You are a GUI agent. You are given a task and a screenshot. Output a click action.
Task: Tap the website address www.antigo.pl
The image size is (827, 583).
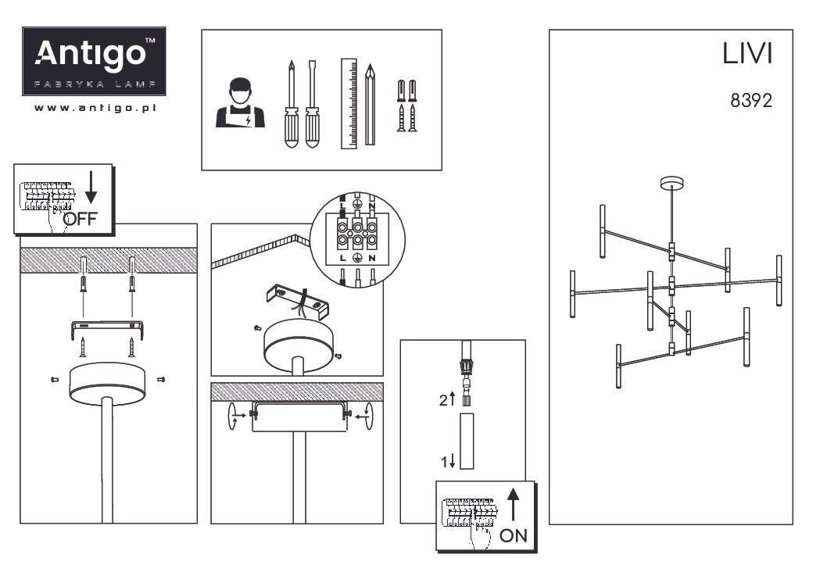pyautogui.click(x=95, y=108)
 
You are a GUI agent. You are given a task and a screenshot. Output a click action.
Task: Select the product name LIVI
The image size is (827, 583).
pyautogui.click(x=746, y=54)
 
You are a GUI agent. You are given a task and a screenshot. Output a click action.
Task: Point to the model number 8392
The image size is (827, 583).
pyautogui.click(x=751, y=100)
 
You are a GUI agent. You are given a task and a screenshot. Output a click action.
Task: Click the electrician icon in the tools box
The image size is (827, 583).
pyautogui.click(x=240, y=103)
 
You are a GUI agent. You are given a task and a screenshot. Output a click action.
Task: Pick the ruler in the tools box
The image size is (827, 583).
pyautogui.click(x=349, y=103)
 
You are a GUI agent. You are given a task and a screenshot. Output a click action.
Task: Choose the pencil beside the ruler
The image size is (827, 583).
pyautogui.click(x=371, y=105)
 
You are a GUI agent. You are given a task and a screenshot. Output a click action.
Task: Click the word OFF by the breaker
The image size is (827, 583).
pyautogui.click(x=81, y=218)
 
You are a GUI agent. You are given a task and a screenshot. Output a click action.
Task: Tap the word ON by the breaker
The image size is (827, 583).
pyautogui.click(x=514, y=535)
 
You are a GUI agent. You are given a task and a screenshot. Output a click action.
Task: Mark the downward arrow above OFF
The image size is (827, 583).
pyautogui.click(x=91, y=187)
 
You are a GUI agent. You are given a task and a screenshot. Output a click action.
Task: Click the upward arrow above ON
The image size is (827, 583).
pyautogui.click(x=514, y=504)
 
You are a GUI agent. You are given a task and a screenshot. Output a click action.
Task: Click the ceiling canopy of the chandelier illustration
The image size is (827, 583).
pyautogui.click(x=672, y=183)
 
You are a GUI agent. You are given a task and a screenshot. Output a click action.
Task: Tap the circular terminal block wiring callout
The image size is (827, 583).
pyautogui.click(x=357, y=239)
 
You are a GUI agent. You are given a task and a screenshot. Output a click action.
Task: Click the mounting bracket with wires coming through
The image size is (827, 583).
pyautogui.click(x=298, y=302)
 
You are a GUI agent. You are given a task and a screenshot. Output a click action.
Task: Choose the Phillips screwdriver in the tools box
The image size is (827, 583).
pyautogui.click(x=291, y=104)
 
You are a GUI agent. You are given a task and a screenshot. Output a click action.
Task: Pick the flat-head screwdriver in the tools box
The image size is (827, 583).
pyautogui.click(x=312, y=104)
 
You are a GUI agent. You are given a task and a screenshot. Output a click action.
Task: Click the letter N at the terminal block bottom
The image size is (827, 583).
pyautogui.click(x=372, y=258)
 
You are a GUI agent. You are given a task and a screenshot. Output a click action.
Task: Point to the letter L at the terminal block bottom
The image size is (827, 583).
pyautogui.click(x=343, y=258)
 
